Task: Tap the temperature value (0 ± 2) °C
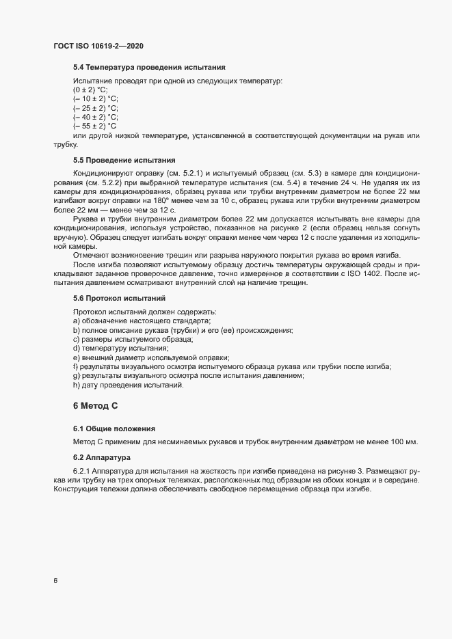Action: tap(90, 90)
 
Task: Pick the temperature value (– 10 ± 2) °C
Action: tap(96, 98)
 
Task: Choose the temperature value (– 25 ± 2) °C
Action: tap(96, 108)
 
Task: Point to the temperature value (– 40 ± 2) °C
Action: tap(96, 117)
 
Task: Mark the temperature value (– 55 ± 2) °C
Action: tap(95, 126)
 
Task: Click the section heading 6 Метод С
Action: tap(95, 406)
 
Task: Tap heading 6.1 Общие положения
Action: tap(113, 429)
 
